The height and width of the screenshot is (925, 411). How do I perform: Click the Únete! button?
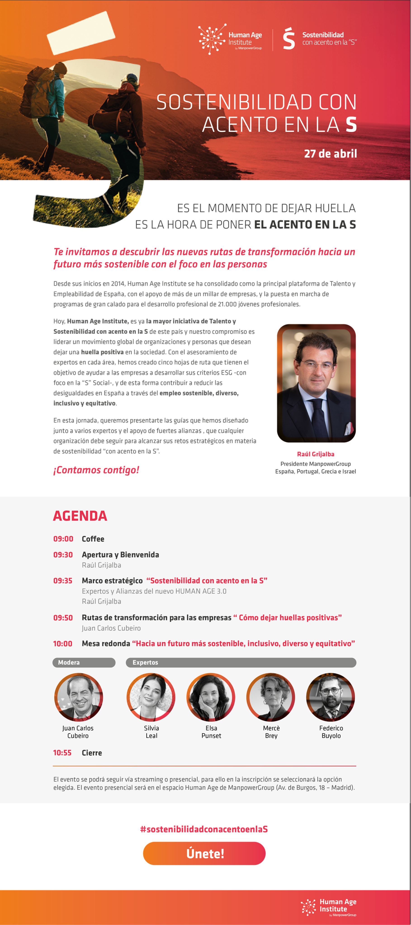tap(204, 853)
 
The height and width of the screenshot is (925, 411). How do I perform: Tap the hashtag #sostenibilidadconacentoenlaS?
tap(204, 829)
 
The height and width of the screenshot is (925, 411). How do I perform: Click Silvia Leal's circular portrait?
tap(151, 697)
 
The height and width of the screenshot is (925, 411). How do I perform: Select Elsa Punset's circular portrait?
tap(211, 697)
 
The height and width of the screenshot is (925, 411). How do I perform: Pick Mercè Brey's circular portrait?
tap(271, 697)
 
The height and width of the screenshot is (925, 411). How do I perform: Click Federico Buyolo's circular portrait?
tap(331, 697)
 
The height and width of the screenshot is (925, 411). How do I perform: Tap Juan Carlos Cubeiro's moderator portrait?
tap(78, 697)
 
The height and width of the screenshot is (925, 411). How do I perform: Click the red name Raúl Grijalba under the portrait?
tap(315, 454)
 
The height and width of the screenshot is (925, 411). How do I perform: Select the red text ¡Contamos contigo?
tap(96, 470)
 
